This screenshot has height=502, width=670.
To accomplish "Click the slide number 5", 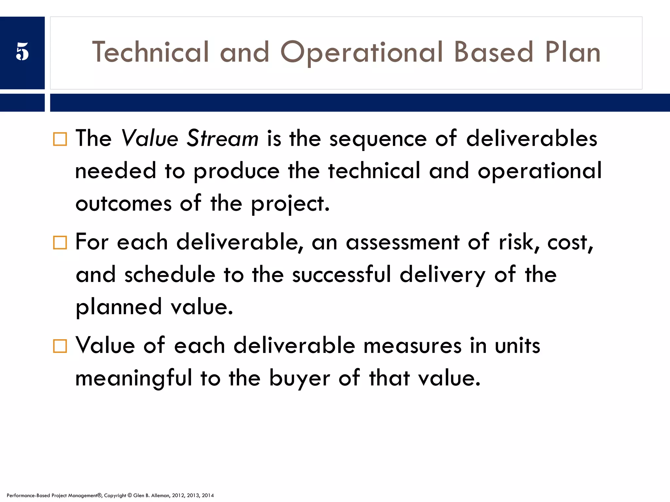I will (x=22, y=52).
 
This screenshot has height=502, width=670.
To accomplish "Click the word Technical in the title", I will (x=150, y=52).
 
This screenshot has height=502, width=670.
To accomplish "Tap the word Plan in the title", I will (x=573, y=52).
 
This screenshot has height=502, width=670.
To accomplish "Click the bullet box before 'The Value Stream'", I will (x=60, y=139).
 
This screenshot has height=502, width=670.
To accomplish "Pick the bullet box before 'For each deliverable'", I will (x=60, y=243).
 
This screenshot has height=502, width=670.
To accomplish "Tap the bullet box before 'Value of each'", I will (x=60, y=346).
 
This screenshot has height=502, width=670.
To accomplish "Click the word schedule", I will (x=170, y=275).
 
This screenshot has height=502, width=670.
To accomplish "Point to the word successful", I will (x=342, y=275).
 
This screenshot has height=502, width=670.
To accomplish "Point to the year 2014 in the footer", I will (x=208, y=495).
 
